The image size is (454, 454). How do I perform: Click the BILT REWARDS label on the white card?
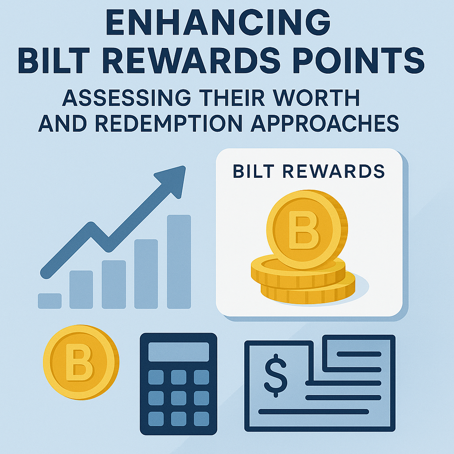click(309, 172)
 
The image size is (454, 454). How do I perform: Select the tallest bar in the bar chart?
click(179, 262)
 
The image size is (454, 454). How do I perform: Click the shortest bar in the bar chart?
click(50, 301)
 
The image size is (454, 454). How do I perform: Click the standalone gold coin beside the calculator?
click(81, 362)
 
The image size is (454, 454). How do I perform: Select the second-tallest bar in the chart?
click(146, 274)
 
